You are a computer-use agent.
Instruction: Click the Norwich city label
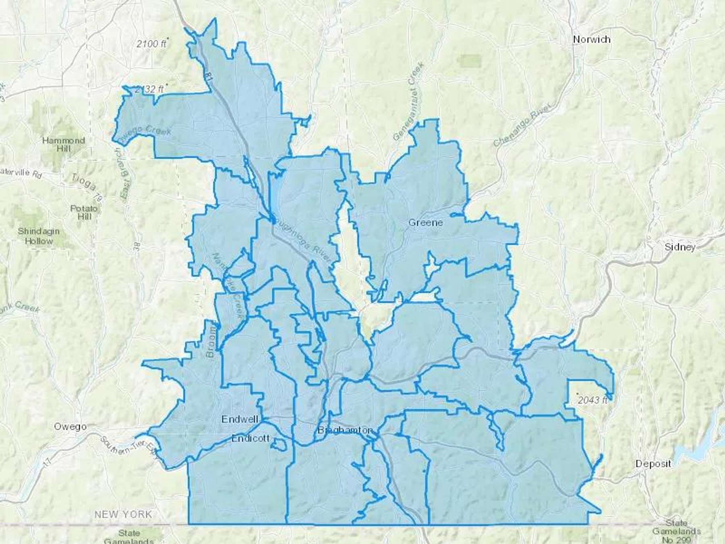[591, 39]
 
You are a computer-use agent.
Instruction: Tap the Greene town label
[425, 222]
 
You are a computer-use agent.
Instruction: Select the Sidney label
[680, 247]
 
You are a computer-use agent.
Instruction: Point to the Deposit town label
[653, 464]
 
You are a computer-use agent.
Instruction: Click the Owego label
[70, 427]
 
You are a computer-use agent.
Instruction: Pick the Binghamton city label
[345, 430]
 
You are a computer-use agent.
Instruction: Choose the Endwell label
[240, 419]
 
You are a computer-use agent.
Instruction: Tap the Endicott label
[250, 438]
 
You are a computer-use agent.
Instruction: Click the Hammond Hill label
[64, 144]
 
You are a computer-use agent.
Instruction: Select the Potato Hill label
[84, 212]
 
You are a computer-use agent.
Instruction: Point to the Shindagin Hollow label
[39, 236]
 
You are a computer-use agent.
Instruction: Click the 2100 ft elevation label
[151, 44]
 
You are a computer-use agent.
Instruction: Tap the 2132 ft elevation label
[149, 89]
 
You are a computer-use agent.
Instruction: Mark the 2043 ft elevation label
[592, 400]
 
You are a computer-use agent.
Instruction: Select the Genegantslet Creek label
[408, 102]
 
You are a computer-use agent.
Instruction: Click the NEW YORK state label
[123, 515]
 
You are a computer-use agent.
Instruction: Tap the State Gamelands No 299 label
[676, 532]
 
